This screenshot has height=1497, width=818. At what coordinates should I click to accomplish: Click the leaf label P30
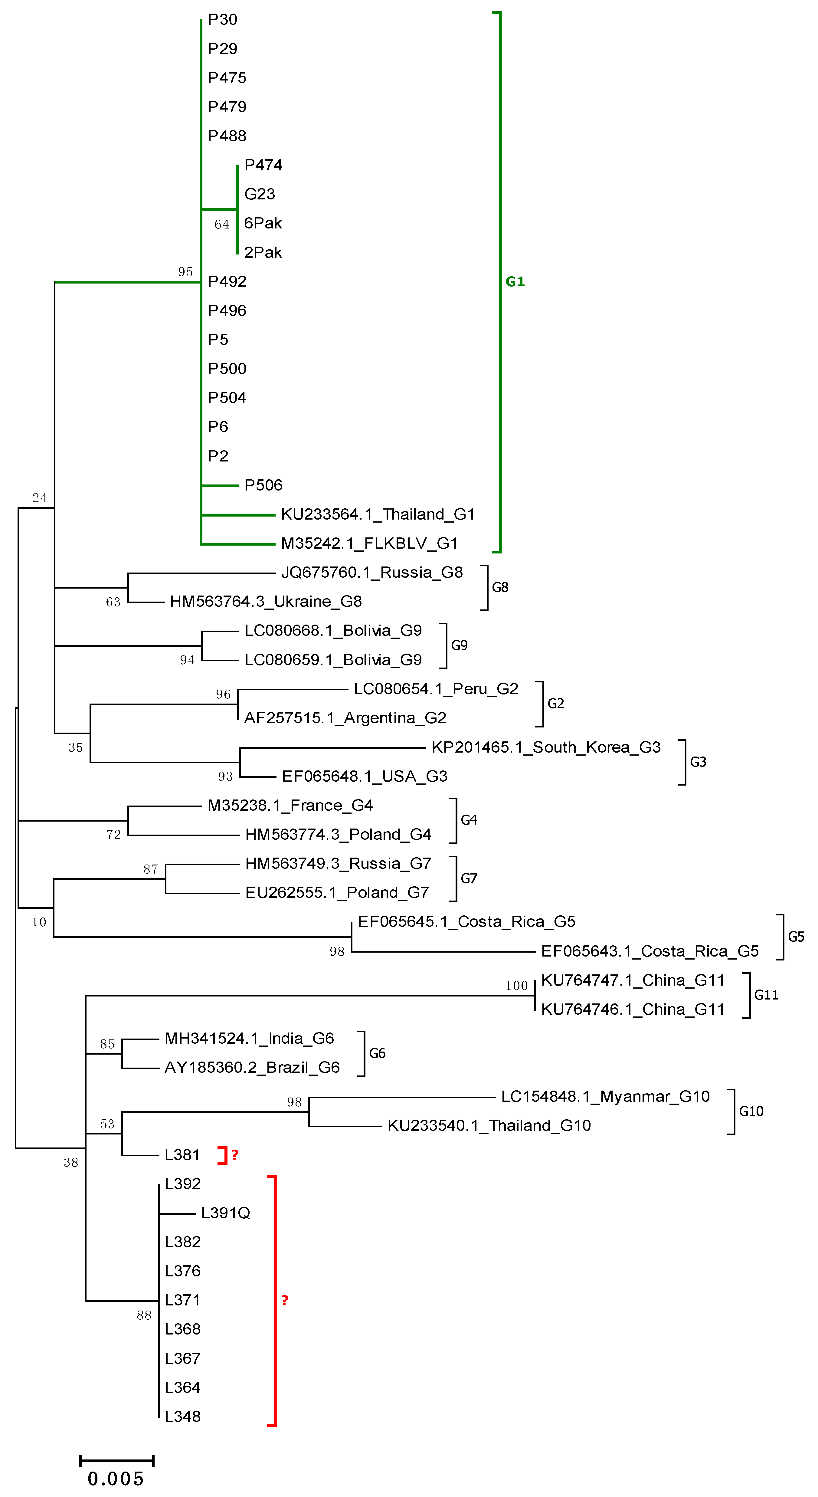click(x=223, y=20)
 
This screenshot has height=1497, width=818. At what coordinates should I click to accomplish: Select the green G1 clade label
click(x=515, y=282)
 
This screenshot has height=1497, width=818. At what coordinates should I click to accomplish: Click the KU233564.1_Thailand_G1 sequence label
click(x=378, y=514)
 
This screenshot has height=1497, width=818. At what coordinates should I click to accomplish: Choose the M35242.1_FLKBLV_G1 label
click(x=369, y=543)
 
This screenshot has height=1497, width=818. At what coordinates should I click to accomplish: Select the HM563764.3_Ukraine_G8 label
click(x=266, y=602)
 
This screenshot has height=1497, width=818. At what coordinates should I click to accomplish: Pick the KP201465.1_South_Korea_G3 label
click(x=545, y=747)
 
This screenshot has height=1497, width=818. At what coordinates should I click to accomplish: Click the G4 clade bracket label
click(x=469, y=820)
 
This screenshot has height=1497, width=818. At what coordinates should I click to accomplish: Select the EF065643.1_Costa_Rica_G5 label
click(x=649, y=951)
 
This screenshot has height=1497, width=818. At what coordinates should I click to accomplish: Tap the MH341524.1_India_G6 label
click(x=249, y=1039)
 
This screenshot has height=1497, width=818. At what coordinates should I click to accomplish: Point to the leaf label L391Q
click(x=225, y=1213)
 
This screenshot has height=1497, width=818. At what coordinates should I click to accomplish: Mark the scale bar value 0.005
click(x=116, y=1479)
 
